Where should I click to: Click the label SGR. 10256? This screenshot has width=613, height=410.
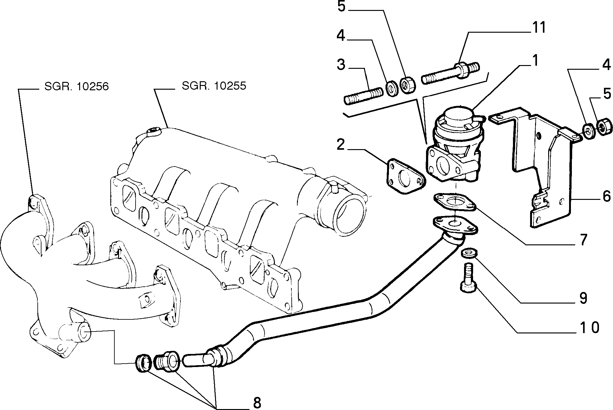click(77, 86)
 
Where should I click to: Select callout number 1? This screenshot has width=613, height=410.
click(534, 61)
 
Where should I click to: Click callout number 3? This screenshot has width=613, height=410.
click(341, 65)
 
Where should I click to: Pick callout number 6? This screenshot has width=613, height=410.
click(606, 196)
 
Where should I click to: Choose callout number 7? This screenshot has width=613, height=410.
click(582, 240)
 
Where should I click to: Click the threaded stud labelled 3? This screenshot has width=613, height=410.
click(363, 96)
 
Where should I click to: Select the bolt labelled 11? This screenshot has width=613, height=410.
click(450, 73)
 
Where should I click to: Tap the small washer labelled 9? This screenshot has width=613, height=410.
click(469, 253)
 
